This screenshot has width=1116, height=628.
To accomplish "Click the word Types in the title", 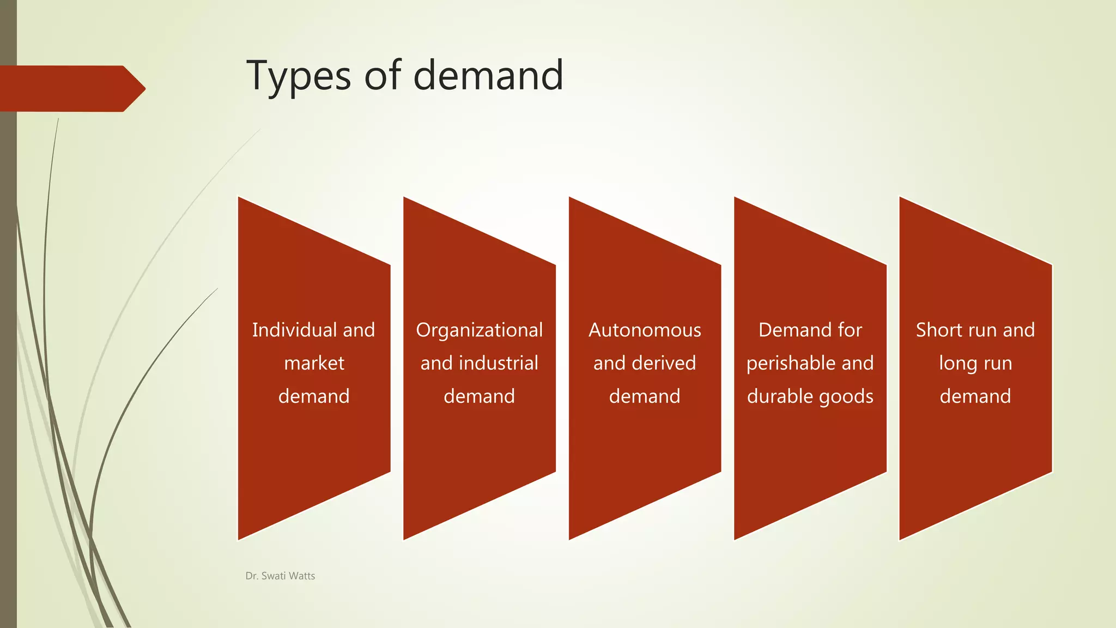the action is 299,76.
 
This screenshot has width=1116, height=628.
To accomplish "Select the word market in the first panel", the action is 314,363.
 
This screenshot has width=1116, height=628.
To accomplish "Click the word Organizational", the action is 479,330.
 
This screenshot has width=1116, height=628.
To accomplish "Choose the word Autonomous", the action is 645,330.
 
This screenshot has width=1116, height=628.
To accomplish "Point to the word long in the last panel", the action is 953,364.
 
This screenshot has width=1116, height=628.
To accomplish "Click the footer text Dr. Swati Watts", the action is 280,576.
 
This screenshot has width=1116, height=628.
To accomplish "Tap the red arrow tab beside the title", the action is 71,88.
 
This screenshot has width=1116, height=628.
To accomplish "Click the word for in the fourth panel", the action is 850,330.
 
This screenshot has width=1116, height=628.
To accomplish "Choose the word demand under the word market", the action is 314,396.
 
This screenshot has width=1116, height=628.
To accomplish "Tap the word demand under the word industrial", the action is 479,396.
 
